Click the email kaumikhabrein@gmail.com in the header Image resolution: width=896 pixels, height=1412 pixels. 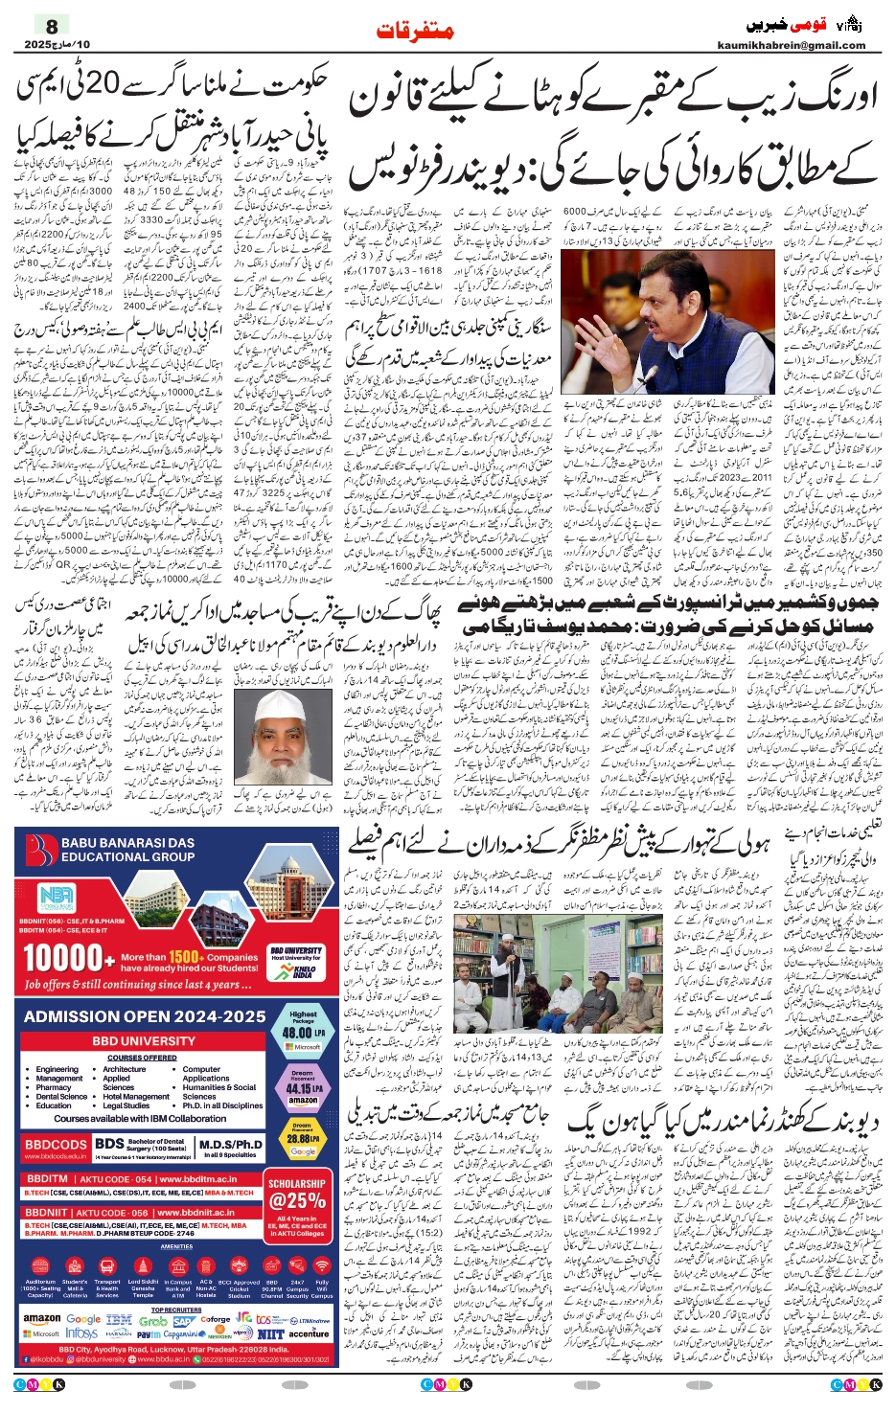click(791, 45)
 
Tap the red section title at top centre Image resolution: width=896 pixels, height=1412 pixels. click(415, 32)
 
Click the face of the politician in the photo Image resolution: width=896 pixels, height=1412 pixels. click(631, 314)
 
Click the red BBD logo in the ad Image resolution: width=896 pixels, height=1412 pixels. click(40, 850)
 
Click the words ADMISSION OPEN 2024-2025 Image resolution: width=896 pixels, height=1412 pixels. click(145, 1015)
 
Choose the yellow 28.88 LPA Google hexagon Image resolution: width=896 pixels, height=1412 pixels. click(303, 1139)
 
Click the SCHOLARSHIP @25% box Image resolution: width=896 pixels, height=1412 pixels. click(296, 1194)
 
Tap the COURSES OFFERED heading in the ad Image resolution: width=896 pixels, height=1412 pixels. click(142, 1058)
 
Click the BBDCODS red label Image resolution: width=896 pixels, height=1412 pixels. click(56, 1145)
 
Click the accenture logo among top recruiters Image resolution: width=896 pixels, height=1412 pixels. click(309, 1333)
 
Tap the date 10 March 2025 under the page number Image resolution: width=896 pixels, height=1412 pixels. click(57, 44)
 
